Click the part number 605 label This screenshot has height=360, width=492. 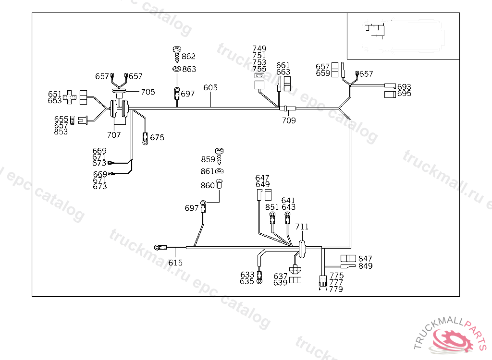click(x=210, y=88)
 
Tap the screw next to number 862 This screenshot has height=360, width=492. click(x=176, y=52)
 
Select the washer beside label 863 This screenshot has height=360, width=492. click(x=176, y=69)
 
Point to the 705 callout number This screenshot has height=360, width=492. click(x=148, y=92)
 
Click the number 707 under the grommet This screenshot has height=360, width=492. click(x=114, y=135)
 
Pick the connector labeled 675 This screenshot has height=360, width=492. click(x=145, y=138)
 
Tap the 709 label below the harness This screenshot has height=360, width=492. click(x=289, y=120)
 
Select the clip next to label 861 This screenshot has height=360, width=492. click(x=219, y=171)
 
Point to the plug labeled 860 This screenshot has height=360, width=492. click(x=220, y=184)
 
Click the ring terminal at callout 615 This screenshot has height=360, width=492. click(x=159, y=248)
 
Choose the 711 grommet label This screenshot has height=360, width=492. click(x=302, y=227)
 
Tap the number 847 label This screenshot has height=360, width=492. click(x=365, y=259)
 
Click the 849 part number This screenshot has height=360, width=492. click(x=365, y=266)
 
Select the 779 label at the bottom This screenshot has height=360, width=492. click(x=336, y=289)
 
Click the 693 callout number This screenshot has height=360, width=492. click(x=404, y=87)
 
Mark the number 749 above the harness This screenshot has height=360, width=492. click(x=259, y=49)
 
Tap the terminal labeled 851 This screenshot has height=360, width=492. click(x=272, y=218)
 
